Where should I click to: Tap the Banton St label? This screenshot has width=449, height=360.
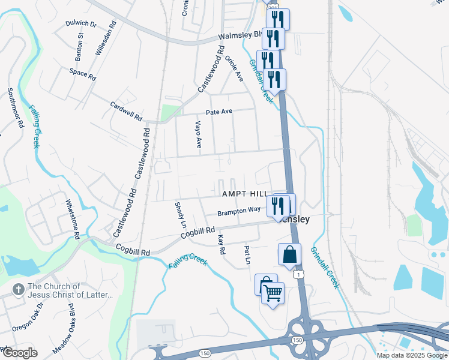click(79, 50)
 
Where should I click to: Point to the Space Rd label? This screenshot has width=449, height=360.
click(82, 75)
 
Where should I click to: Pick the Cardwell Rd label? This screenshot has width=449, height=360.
click(126, 110)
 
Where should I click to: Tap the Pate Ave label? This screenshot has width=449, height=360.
click(218, 112)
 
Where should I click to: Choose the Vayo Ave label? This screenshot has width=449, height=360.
click(198, 134)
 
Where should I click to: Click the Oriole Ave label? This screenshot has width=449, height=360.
click(235, 70)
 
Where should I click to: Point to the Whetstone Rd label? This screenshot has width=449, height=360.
click(73, 220)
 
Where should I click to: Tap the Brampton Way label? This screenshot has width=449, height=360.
click(239, 211)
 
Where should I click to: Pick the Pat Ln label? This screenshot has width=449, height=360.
click(246, 254)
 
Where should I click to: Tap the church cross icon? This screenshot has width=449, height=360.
click(17, 290)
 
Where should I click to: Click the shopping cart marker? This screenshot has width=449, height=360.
click(273, 293)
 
